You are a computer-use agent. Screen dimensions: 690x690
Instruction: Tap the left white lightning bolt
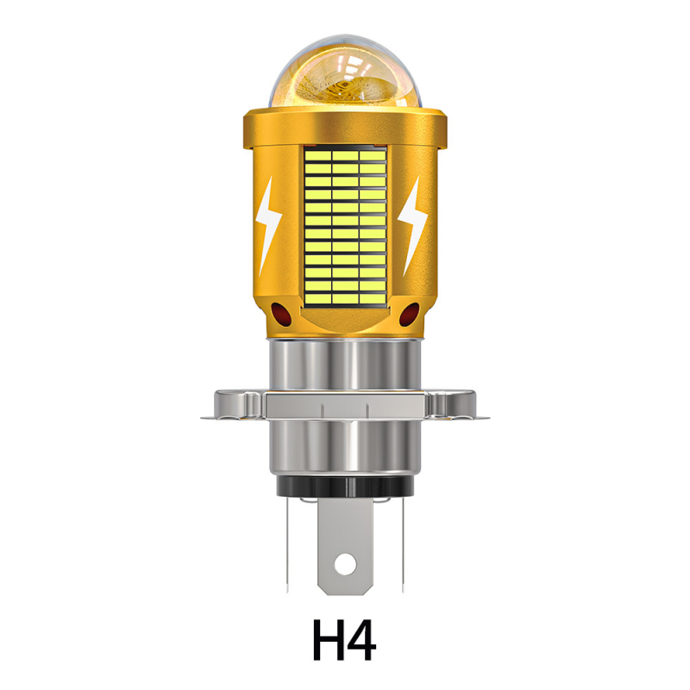click(x=268, y=225)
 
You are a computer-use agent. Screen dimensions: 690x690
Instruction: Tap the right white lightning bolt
click(x=414, y=225)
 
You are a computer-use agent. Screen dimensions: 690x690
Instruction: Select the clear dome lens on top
click(x=346, y=72)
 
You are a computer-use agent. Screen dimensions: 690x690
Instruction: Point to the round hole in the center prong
click(x=346, y=564)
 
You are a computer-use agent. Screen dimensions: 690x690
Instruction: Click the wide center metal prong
click(x=346, y=546)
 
